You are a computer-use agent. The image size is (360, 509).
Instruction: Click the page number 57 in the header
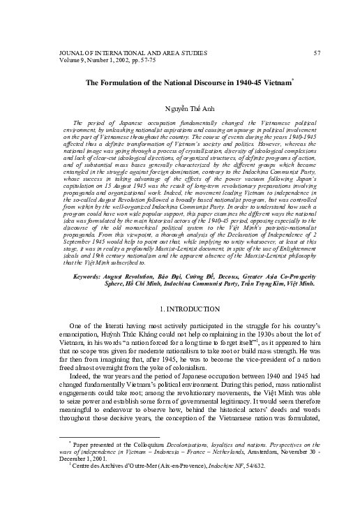click(317, 53)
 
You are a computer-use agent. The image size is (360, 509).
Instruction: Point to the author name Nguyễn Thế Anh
click(180, 109)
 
